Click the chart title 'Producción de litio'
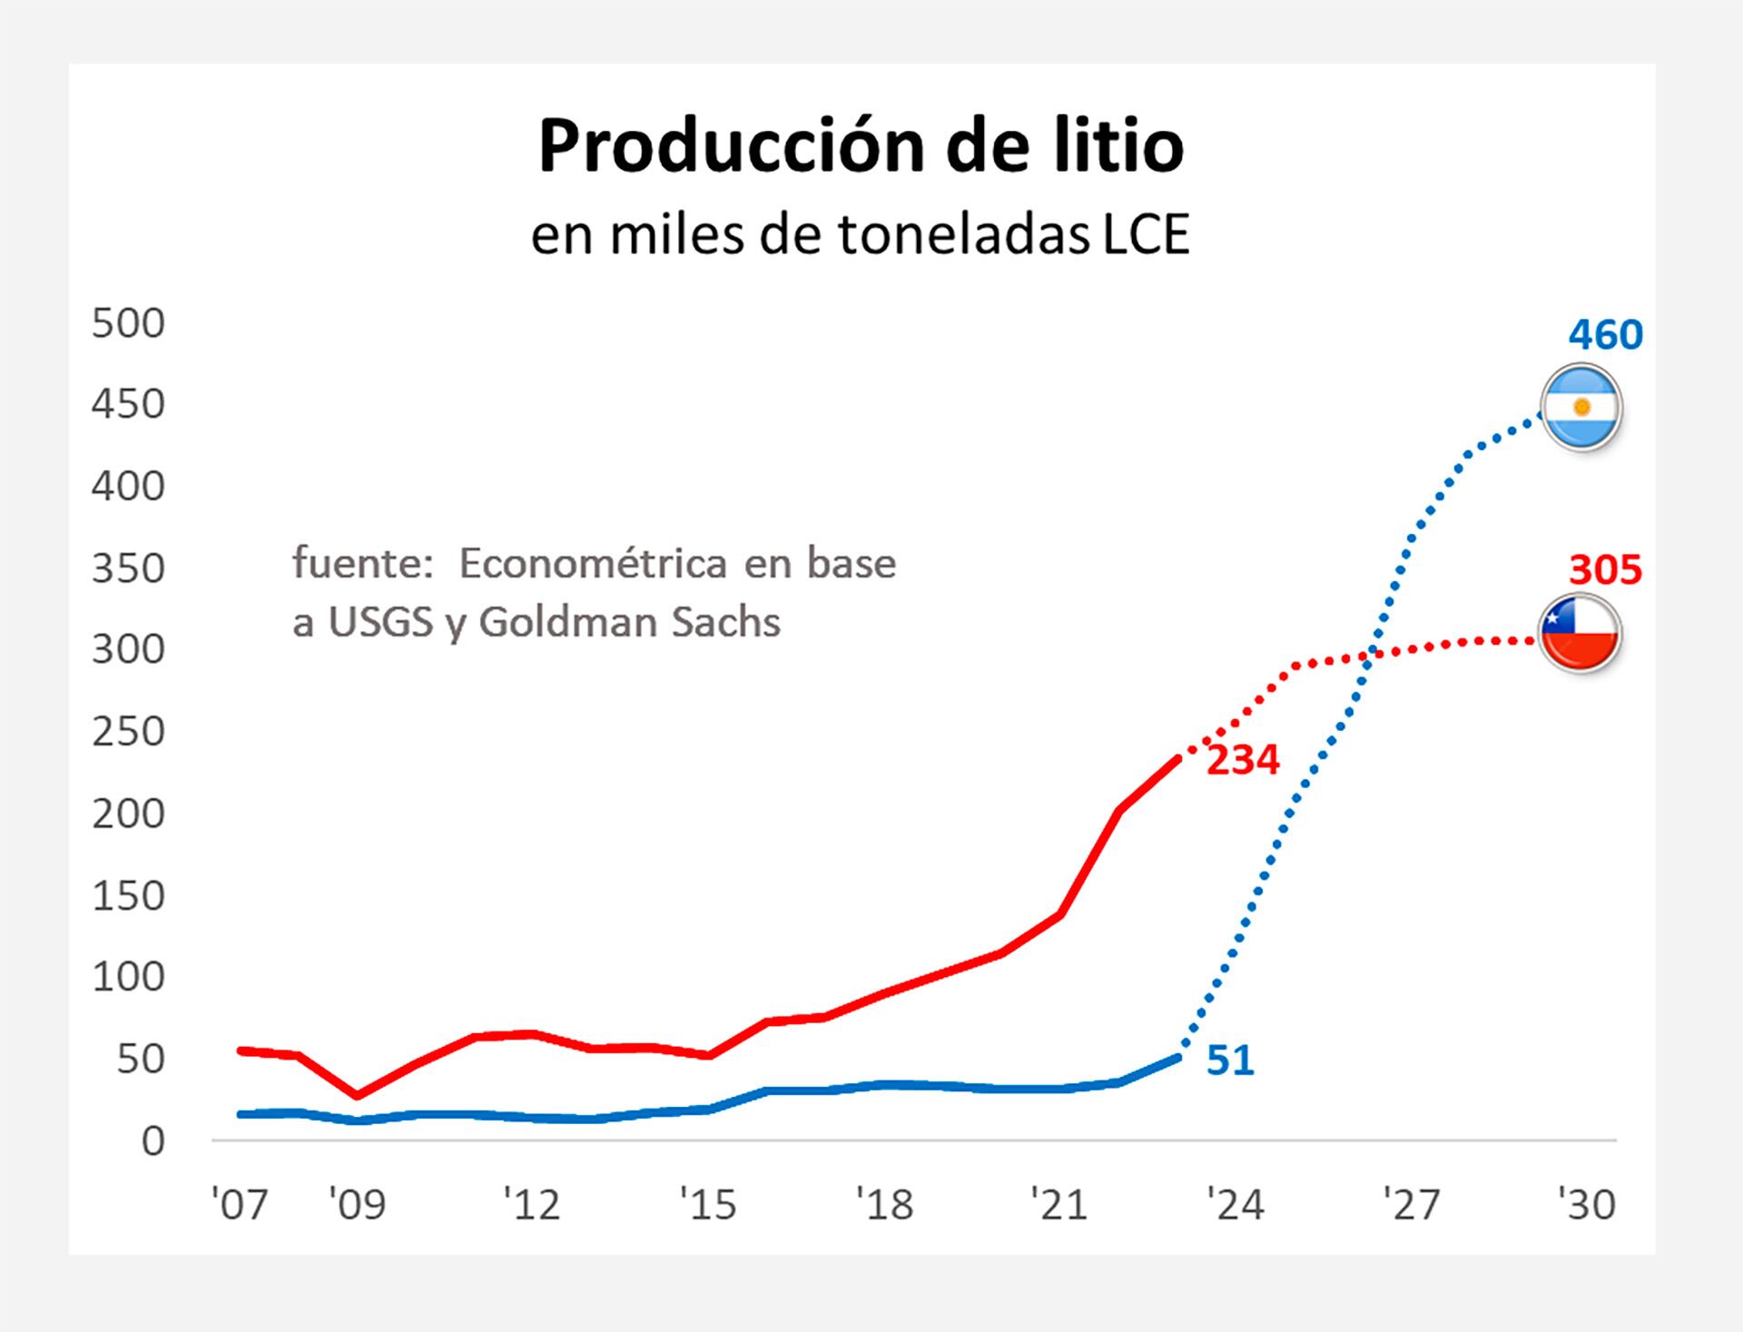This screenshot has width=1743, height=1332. [861, 146]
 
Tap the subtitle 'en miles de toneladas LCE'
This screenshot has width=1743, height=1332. [860, 235]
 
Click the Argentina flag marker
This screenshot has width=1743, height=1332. [1581, 408]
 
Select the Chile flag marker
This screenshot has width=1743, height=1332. [1580, 634]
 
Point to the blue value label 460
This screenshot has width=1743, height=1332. [1605, 335]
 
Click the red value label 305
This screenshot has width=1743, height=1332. [1605, 570]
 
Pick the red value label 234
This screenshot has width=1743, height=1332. [1242, 760]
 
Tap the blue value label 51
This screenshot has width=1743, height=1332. [1230, 1061]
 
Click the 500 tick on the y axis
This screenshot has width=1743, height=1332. [128, 323]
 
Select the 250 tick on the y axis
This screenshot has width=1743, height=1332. [128, 732]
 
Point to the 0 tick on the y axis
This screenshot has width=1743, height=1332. [153, 1141]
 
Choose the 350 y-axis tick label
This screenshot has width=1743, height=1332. [128, 568]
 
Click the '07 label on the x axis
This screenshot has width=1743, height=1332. [240, 1205]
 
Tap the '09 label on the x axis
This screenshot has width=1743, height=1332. [357, 1205]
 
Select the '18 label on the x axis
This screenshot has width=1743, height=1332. [885, 1205]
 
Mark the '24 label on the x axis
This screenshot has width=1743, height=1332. [1235, 1205]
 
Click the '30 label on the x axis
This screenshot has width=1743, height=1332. [1587, 1205]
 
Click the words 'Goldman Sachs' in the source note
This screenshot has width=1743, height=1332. [629, 623]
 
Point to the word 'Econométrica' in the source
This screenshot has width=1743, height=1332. [592, 564]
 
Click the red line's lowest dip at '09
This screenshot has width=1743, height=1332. [357, 1095]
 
